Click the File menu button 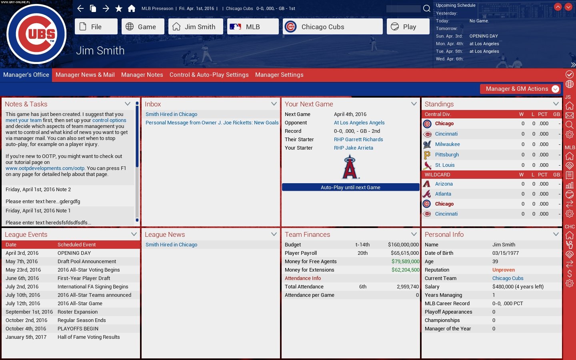(96, 27)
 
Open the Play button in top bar (408, 27)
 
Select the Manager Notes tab (142, 75)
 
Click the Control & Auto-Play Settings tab (209, 75)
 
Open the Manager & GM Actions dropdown (520, 89)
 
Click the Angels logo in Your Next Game (350, 167)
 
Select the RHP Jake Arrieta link (353, 148)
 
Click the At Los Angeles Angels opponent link (359, 123)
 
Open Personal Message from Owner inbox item (212, 123)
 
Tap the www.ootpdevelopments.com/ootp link (45, 168)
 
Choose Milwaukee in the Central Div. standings (447, 144)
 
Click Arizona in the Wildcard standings (444, 184)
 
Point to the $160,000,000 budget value (403, 245)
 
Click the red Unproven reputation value (503, 270)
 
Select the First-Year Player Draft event (84, 278)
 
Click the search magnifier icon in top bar (427, 8)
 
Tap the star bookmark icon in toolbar (119, 8)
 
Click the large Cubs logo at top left (36, 34)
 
